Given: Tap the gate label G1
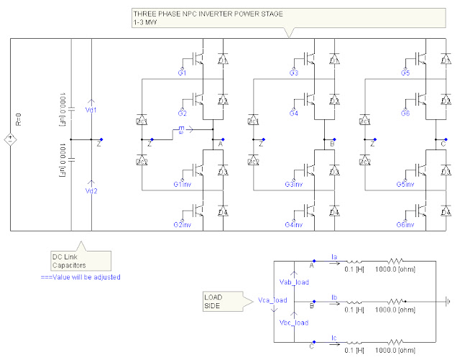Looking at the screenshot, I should (x=182, y=73).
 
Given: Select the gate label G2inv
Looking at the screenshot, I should (x=182, y=225).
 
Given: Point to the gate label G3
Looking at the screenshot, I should (x=293, y=73).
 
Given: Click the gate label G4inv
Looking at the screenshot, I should (x=293, y=225).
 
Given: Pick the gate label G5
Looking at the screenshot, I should (x=405, y=73).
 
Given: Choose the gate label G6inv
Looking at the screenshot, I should (x=406, y=225).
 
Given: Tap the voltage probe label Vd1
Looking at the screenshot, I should (x=91, y=110).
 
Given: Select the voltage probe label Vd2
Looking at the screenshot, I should (x=91, y=190).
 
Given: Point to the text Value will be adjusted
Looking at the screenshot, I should (x=80, y=277).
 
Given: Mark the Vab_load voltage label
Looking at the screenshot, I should (x=293, y=282).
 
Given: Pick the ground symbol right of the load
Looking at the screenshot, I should (x=450, y=301).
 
